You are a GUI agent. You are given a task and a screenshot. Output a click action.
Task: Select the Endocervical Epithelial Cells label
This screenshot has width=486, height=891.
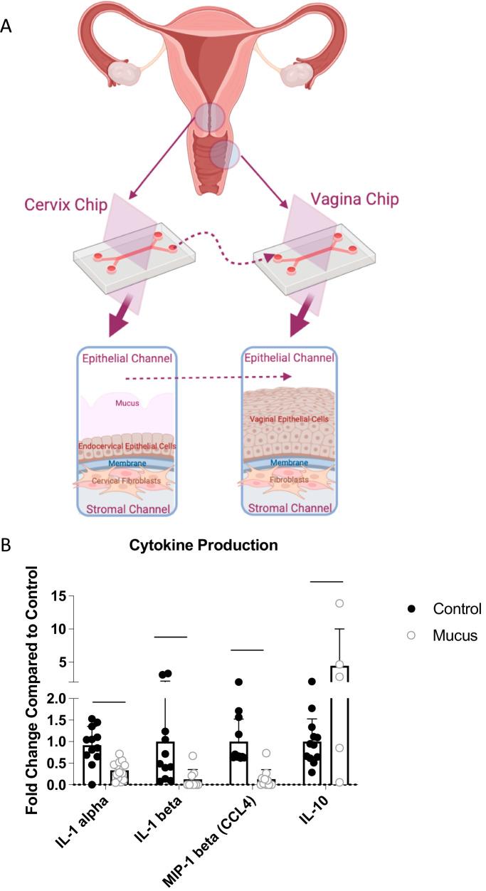127,446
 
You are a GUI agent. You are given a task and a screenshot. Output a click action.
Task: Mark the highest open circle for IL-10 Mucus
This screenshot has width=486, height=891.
340,603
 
